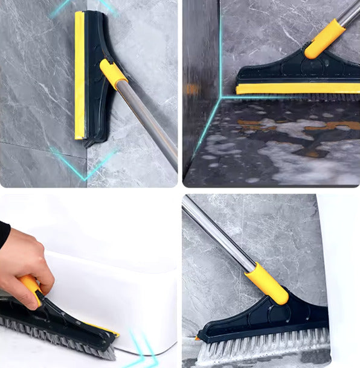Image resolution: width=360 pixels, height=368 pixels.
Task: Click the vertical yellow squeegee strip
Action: [x=79, y=75]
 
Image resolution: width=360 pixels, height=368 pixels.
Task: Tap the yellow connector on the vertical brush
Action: [x=113, y=74]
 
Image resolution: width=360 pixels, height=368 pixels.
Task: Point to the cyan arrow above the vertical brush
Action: [x=60, y=8]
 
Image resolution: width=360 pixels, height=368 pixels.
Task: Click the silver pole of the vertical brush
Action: [x=149, y=120]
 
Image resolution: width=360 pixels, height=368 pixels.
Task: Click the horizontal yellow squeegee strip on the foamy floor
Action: [x=296, y=89]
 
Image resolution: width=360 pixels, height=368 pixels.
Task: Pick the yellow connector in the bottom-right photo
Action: [x=266, y=283]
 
